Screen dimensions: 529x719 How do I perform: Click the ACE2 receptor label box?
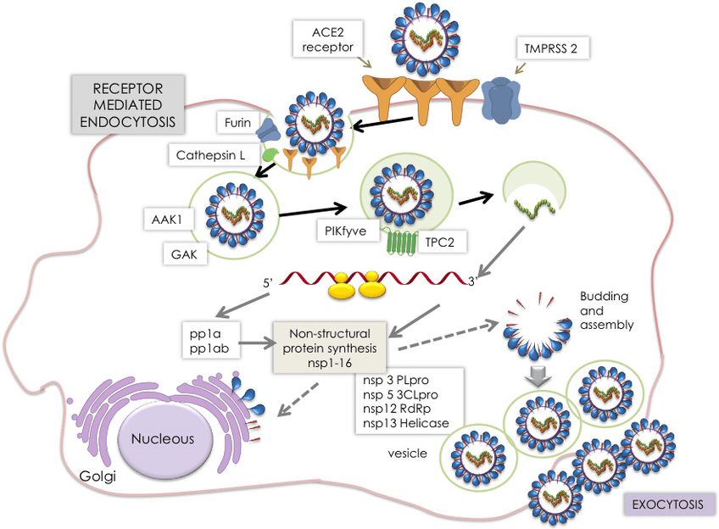[x=324, y=39]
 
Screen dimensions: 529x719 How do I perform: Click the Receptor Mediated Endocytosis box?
[x=128, y=105]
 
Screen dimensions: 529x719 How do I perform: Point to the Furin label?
[x=237, y=124]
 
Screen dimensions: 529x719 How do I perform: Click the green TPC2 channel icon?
[x=396, y=242]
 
